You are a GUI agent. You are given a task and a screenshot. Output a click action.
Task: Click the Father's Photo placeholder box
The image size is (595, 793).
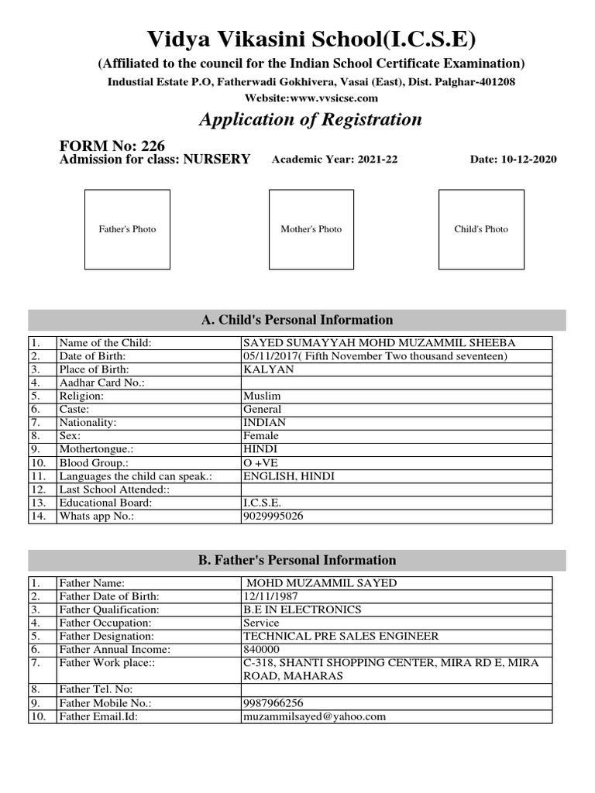(127, 229)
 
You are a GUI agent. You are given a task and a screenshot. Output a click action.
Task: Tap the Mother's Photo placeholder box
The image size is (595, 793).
(311, 229)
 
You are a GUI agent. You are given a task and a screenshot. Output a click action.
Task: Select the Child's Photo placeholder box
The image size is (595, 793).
(481, 229)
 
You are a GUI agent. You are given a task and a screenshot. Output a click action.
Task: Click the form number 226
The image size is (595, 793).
(153, 146)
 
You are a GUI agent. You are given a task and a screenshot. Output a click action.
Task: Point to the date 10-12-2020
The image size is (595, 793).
(528, 160)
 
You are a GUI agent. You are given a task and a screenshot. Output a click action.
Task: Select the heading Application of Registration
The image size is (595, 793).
(311, 119)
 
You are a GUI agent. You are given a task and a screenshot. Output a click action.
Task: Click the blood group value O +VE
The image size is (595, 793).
(266, 463)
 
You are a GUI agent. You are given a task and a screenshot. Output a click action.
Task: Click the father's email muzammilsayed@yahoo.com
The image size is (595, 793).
(314, 716)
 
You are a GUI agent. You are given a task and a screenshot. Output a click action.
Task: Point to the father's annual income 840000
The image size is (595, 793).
(262, 649)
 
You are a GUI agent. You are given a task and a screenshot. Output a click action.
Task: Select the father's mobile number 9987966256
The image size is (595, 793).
(273, 703)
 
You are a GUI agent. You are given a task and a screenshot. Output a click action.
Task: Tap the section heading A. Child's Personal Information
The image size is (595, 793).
(297, 320)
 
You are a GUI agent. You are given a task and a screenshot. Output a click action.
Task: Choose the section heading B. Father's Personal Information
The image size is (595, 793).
(297, 560)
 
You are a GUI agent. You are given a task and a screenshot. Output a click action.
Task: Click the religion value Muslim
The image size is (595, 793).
(262, 396)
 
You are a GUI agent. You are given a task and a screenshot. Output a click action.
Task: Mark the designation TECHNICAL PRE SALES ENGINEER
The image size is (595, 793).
(340, 636)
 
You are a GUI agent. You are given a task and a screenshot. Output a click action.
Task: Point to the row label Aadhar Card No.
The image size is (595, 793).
(101, 383)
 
